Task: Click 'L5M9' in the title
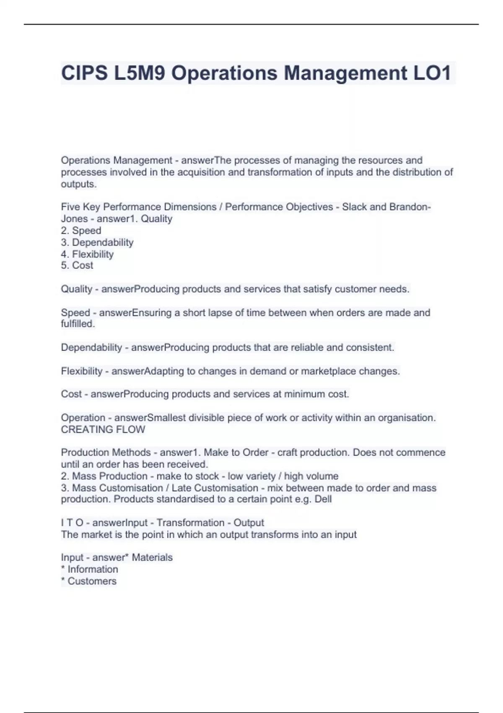[x=138, y=73]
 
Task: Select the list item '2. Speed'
[x=81, y=230]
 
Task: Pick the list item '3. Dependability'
[x=97, y=242]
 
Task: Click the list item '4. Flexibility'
[x=87, y=254]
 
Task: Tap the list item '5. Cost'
[x=77, y=265]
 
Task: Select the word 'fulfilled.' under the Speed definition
[x=78, y=324]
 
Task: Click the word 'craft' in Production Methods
[x=287, y=453]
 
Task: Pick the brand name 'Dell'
[x=323, y=499]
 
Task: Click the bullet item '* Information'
[x=89, y=569]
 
